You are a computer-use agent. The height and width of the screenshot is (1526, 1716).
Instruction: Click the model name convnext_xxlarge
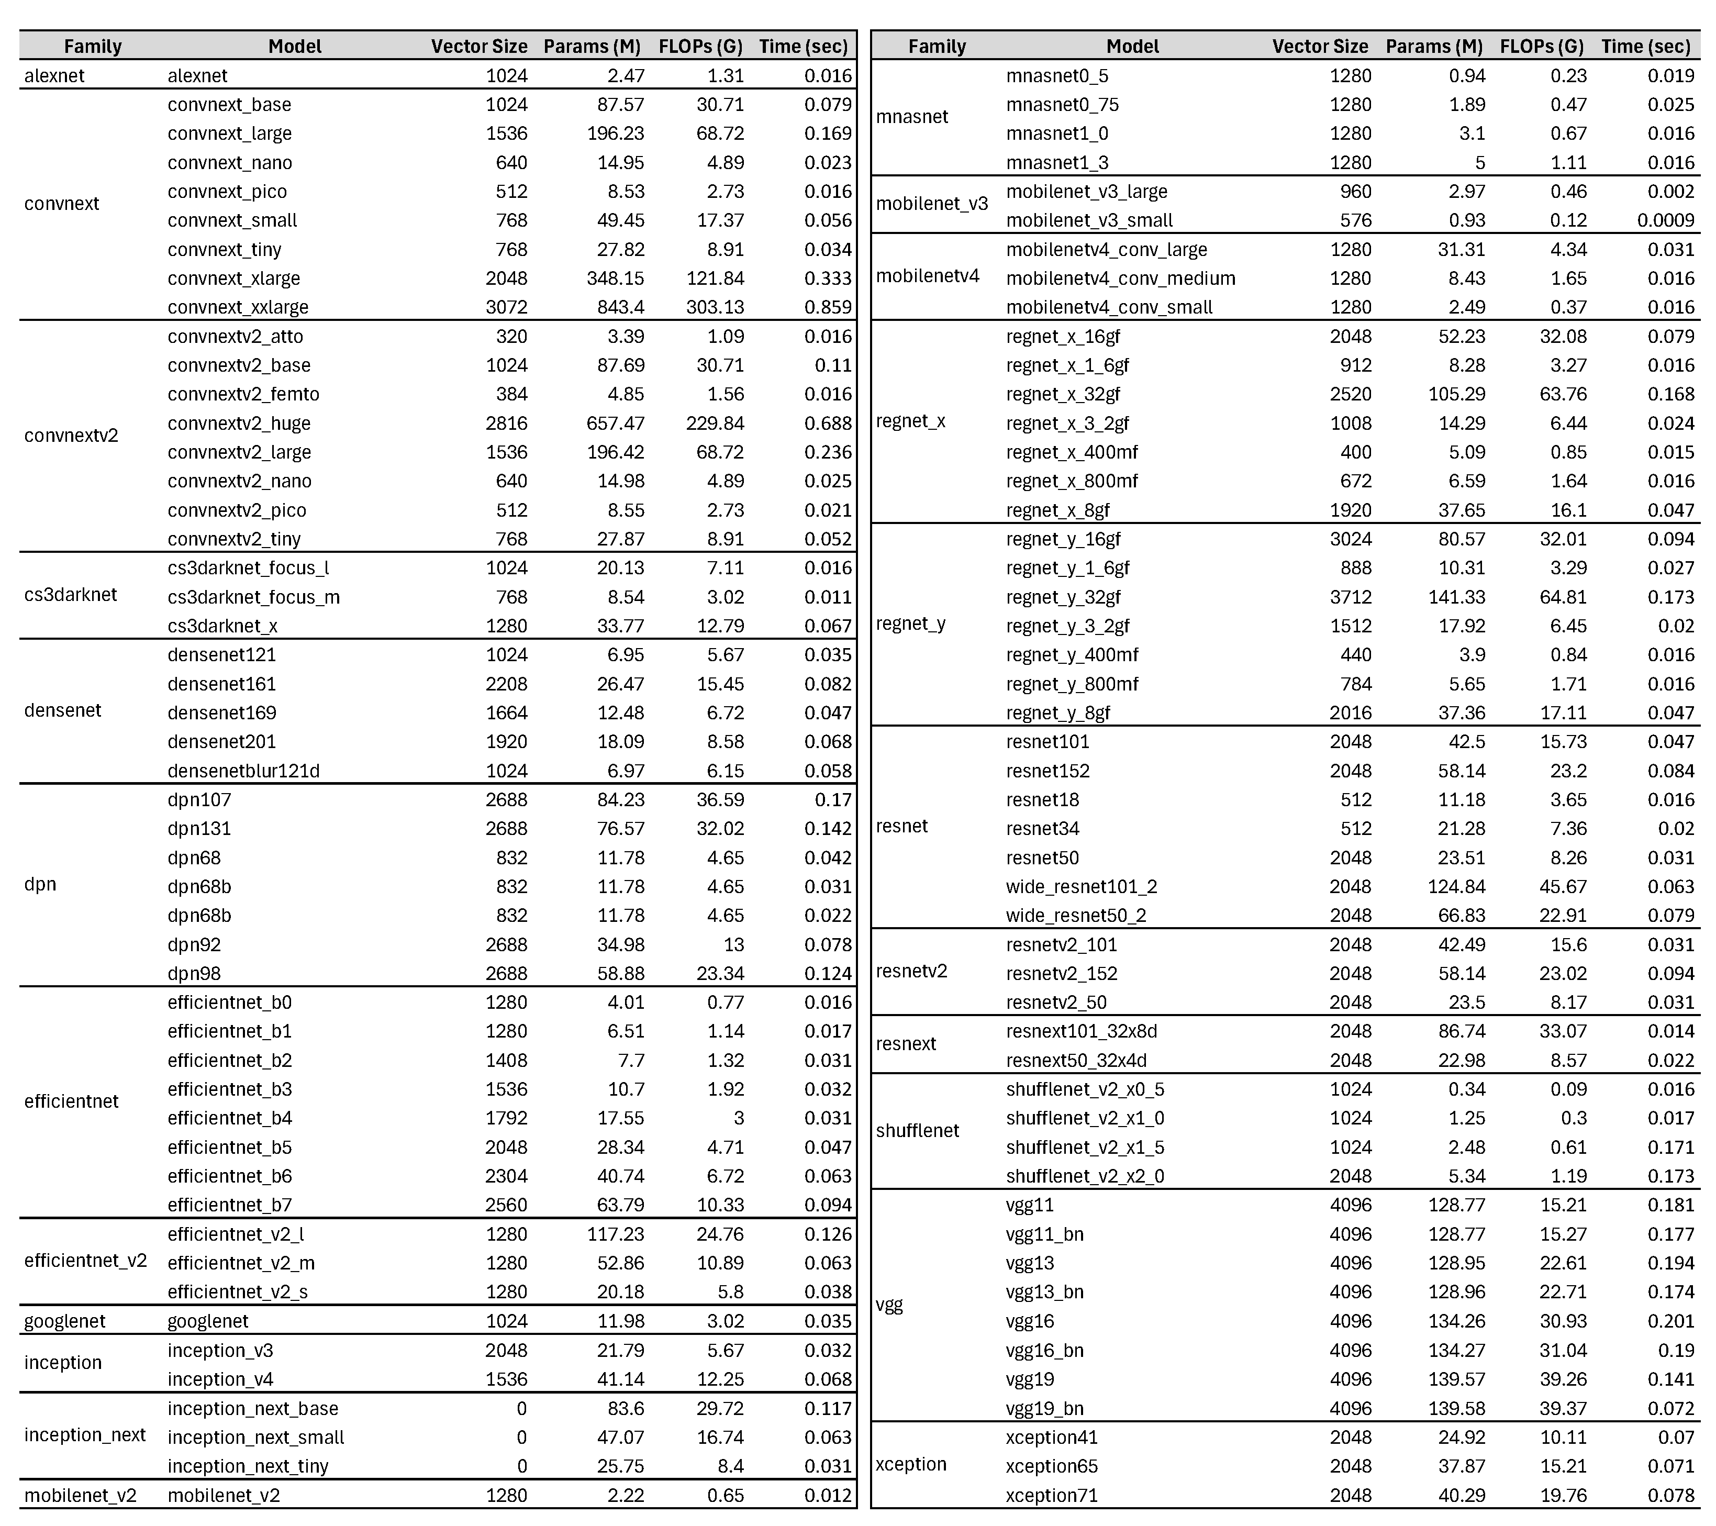[x=238, y=307]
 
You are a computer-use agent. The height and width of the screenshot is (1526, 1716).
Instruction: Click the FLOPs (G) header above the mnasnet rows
[x=1541, y=46]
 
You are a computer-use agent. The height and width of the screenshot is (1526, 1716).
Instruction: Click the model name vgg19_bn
[x=1044, y=1409]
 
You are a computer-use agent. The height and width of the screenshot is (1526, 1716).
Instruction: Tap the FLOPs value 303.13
[x=715, y=307]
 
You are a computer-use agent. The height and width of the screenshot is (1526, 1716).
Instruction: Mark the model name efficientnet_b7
[x=229, y=1205]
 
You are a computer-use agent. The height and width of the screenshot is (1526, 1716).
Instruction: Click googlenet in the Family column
[x=64, y=1321]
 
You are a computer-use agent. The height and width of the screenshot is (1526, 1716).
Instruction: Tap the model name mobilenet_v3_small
[x=1089, y=221]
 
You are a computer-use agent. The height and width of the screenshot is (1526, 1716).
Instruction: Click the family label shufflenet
[x=917, y=1131]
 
